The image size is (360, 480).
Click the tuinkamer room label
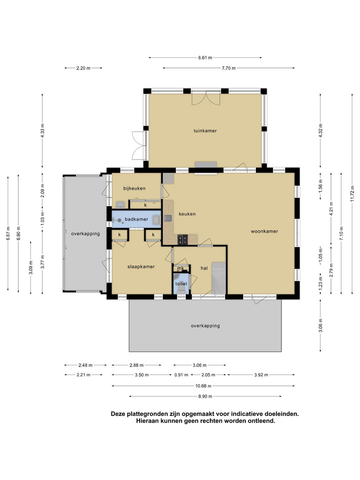point(205,131)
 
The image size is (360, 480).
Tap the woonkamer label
point(264,231)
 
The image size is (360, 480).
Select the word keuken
point(187,214)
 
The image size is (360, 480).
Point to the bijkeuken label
point(134,188)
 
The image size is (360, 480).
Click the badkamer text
point(136,219)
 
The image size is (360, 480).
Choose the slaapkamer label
point(141,267)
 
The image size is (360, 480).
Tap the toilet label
point(181,284)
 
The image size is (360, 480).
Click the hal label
point(204,268)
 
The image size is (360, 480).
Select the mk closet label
point(180,268)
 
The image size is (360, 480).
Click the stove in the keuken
point(183,239)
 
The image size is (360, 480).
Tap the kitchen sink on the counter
point(168,218)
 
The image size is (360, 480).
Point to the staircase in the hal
point(219,278)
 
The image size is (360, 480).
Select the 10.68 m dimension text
point(203,386)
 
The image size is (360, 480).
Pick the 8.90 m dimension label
point(205,396)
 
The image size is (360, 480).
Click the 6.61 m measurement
point(205,58)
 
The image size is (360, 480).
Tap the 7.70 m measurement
point(229,68)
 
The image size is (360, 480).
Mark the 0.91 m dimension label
point(181,375)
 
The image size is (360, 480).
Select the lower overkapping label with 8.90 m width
point(205,326)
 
